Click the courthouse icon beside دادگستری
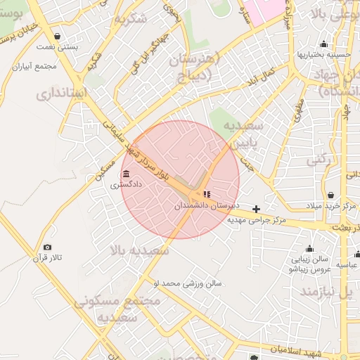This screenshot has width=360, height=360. click(x=126, y=174)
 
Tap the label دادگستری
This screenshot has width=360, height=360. click(x=126, y=184)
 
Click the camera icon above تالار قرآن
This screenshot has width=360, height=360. click(x=47, y=247)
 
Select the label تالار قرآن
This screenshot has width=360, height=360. click(x=47, y=257)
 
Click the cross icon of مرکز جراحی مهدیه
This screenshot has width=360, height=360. click(x=256, y=209)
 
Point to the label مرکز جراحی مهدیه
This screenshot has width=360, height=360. click(x=257, y=220)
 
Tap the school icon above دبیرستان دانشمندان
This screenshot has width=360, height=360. click(x=207, y=194)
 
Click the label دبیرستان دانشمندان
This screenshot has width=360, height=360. click(x=202, y=205)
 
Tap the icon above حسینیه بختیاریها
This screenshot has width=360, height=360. click(x=323, y=44)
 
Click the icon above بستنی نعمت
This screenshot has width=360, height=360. click(x=57, y=35)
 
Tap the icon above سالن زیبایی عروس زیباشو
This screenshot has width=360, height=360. click(x=309, y=248)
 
